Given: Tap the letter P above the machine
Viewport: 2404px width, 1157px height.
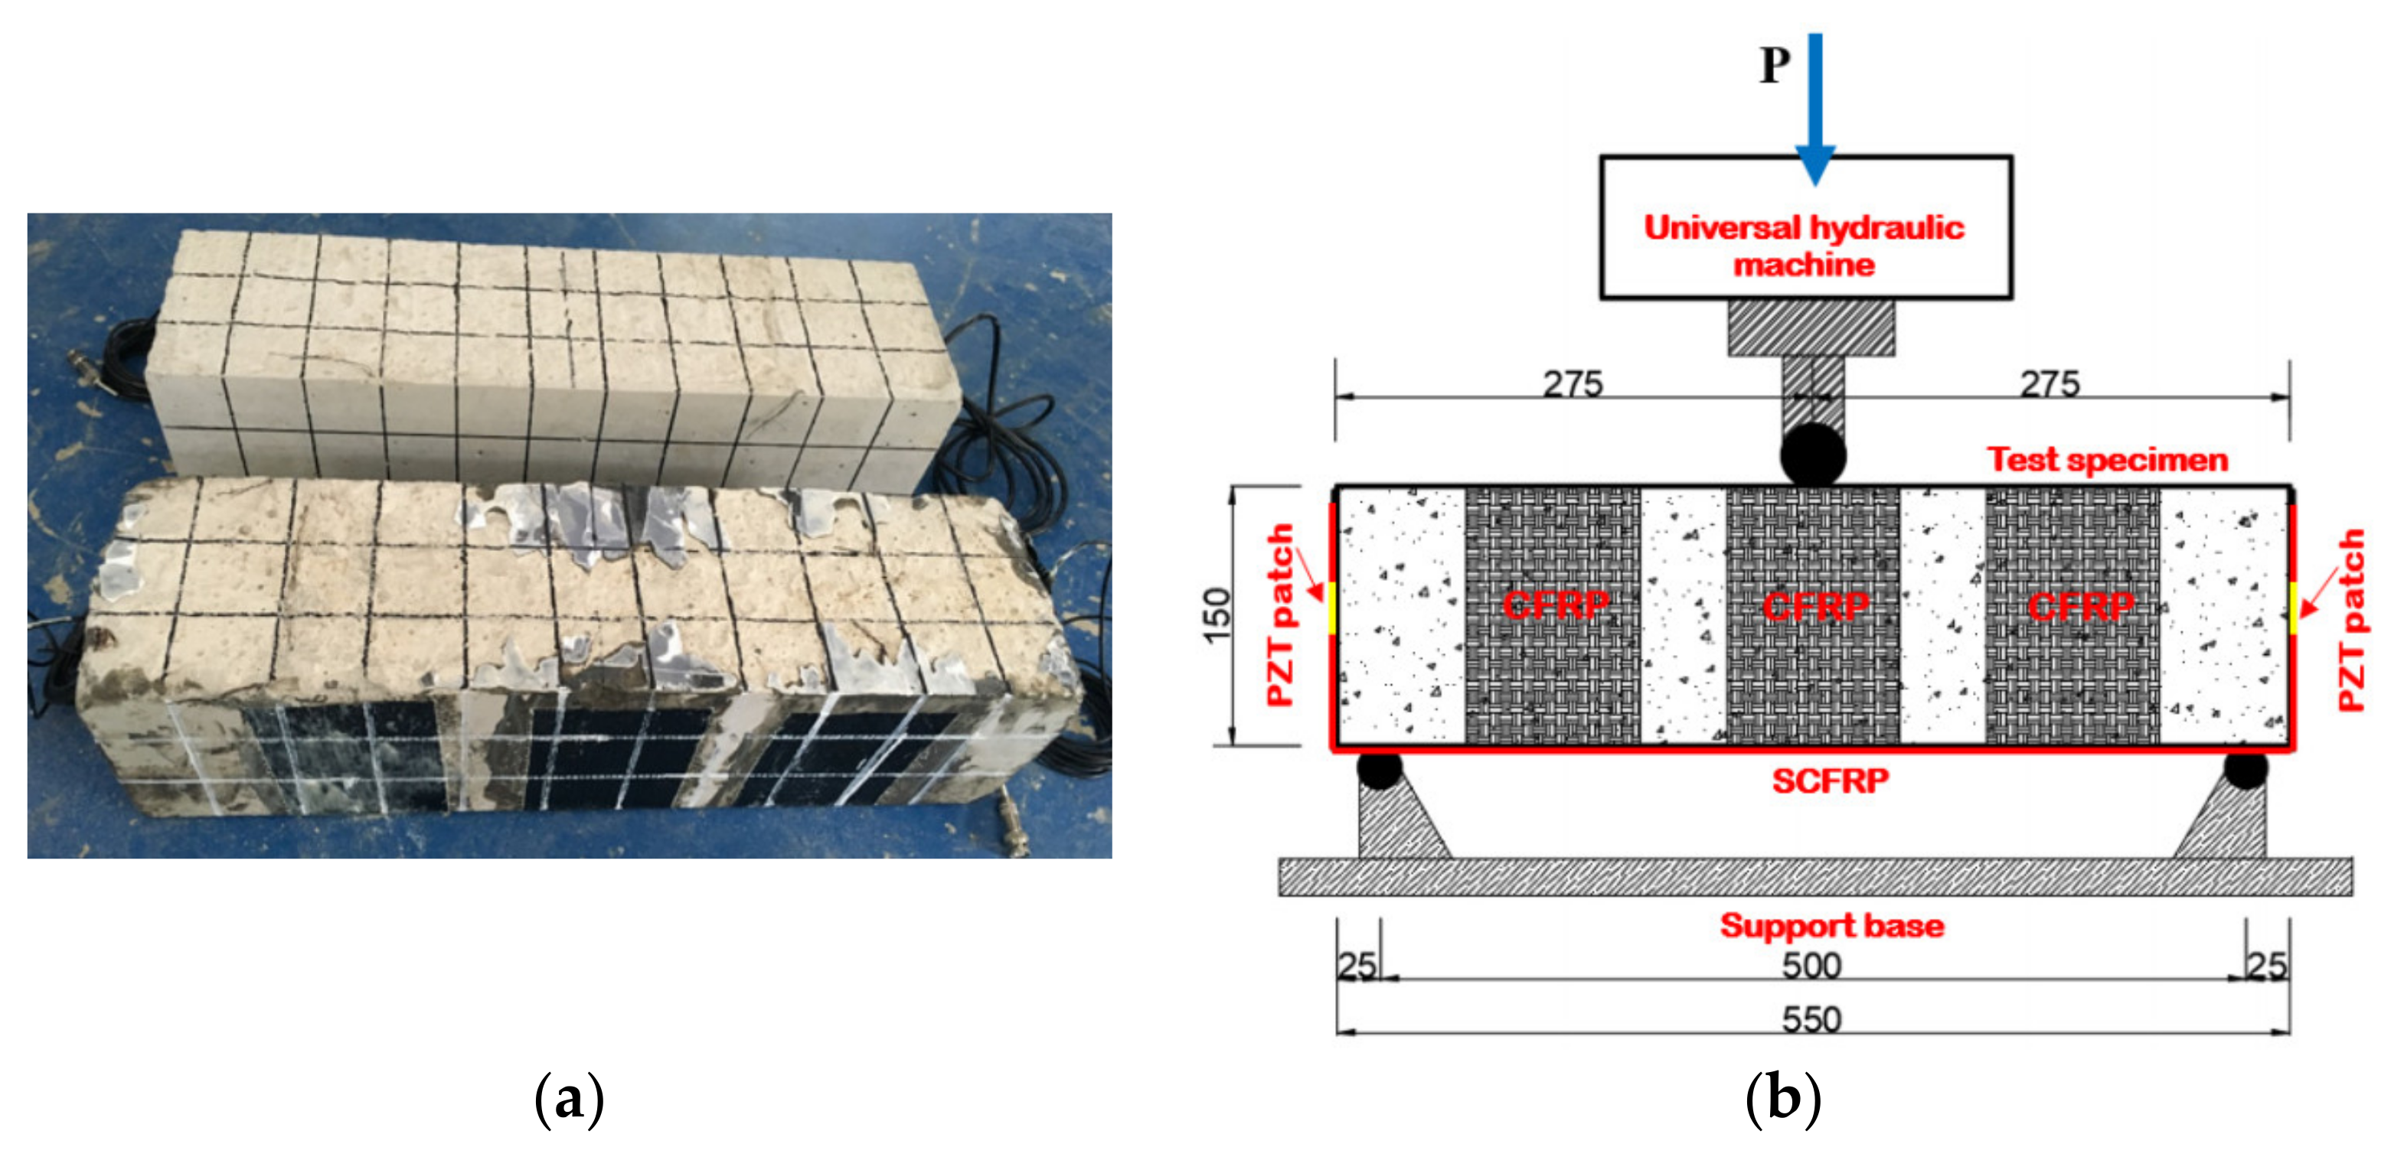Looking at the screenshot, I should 1774,65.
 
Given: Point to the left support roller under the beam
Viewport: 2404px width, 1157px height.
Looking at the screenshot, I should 1380,770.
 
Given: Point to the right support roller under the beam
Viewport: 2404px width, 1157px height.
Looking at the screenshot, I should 2246,770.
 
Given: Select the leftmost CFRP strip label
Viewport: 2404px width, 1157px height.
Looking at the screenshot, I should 1556,605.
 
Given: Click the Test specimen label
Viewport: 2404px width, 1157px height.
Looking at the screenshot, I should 2106,459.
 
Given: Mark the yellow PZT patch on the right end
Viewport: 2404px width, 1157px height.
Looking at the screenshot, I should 2292,608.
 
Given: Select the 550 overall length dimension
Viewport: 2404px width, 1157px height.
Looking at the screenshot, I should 1811,1019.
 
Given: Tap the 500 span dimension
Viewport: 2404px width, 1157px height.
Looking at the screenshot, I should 1811,965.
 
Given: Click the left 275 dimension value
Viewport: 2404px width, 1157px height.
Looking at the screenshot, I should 1573,383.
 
